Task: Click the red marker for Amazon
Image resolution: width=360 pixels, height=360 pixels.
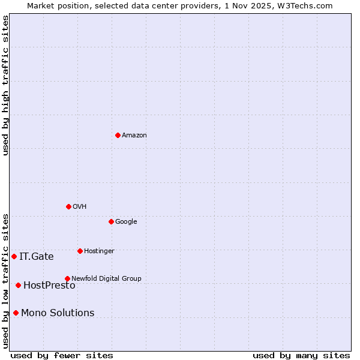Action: tap(118, 135)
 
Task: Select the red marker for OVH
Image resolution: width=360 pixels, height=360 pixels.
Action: tap(68, 206)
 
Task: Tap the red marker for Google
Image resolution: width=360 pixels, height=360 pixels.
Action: tap(111, 221)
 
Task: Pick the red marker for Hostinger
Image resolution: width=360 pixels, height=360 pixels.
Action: tap(80, 251)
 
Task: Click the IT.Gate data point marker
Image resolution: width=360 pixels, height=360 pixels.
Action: tap(14, 256)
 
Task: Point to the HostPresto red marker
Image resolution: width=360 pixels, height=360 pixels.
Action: tap(18, 285)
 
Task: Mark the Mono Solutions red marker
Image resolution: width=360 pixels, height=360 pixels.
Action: tap(16, 313)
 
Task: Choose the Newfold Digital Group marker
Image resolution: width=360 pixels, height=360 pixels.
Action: tap(67, 278)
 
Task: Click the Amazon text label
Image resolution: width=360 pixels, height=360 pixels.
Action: tap(134, 136)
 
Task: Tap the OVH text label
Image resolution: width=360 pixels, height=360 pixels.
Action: tap(79, 207)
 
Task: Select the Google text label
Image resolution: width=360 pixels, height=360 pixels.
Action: tap(126, 222)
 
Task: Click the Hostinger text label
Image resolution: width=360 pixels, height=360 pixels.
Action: tap(99, 251)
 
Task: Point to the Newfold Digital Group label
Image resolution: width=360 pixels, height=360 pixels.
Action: tap(106, 278)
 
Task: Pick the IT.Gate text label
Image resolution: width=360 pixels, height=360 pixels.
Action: tap(36, 257)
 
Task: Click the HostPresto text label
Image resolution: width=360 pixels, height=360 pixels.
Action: tap(49, 286)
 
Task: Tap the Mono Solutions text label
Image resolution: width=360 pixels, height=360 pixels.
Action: tap(58, 313)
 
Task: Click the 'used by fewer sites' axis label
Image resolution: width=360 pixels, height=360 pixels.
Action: tap(62, 356)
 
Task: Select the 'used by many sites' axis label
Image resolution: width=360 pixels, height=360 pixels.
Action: tap(301, 356)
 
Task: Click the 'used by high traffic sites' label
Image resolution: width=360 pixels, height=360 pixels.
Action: tap(5, 85)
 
